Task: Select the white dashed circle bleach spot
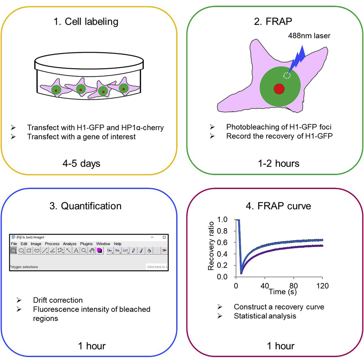[287, 75]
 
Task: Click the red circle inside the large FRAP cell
[279, 88]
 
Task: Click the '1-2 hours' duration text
[278, 163]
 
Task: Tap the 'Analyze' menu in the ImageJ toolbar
[69, 244]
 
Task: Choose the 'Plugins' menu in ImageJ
[86, 244]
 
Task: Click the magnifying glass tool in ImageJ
[84, 251]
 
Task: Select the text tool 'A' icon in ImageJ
[76, 251]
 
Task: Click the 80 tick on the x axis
[293, 285]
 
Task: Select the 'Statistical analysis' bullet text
[265, 315]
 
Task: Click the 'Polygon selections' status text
[24, 267]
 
